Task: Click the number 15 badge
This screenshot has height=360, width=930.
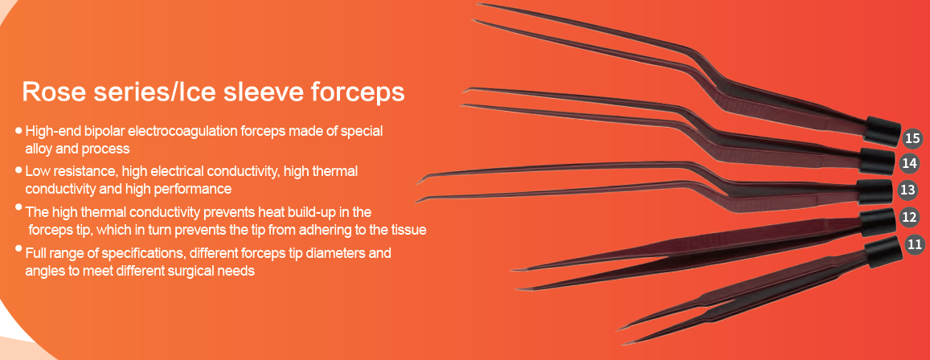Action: pos(912,139)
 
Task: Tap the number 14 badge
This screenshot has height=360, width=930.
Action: pos(909,162)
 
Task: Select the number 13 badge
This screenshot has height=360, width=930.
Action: pos(907,190)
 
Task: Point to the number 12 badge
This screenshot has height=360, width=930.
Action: pos(910,217)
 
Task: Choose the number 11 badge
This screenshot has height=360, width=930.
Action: pos(916,244)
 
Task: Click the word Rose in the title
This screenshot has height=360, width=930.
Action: pos(49,93)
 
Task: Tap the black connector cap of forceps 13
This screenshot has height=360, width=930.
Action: pos(874,190)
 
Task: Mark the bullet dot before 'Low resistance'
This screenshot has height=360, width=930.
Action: pos(19,170)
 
